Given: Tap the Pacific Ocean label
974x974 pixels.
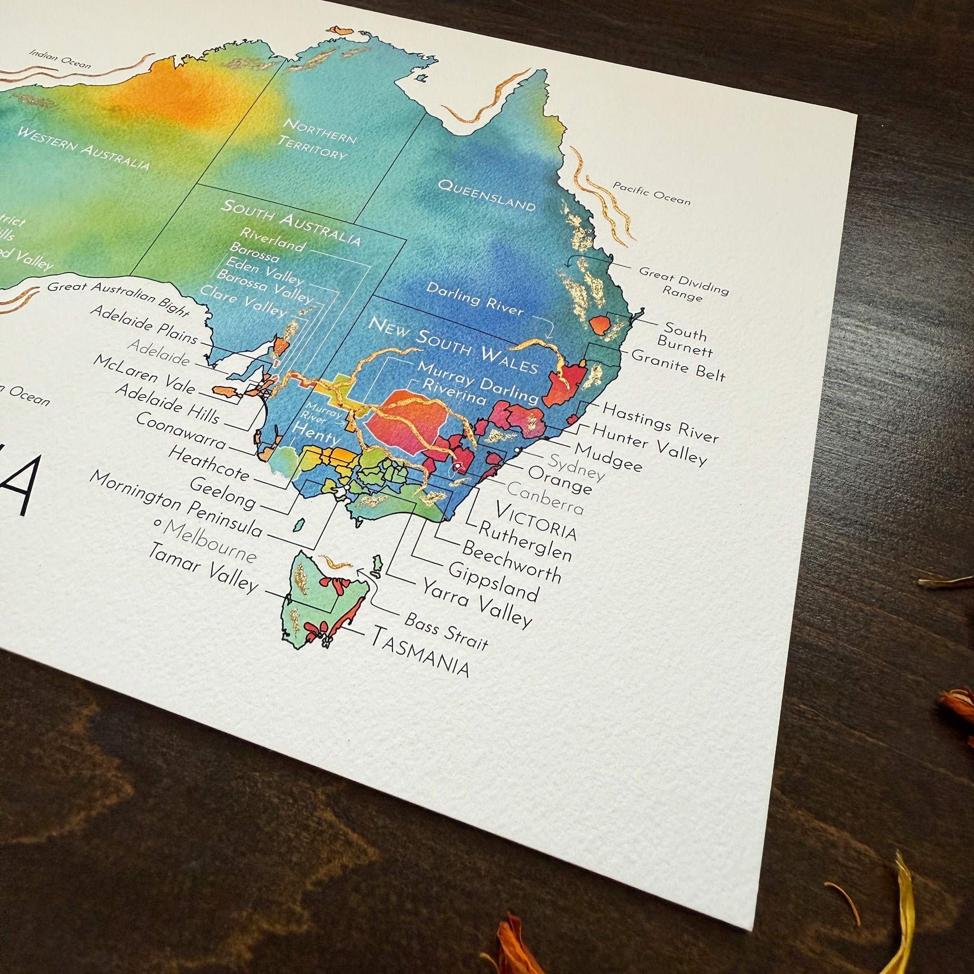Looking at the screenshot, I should tap(652, 193).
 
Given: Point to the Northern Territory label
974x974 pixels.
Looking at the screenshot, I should tap(317, 139).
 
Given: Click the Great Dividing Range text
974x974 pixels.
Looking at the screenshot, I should tap(683, 283).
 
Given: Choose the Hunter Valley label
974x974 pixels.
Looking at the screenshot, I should tap(649, 444).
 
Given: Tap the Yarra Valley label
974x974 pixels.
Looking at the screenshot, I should tap(477, 603).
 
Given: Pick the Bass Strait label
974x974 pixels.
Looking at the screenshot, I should tap(446, 631).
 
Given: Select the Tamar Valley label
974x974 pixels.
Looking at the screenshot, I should tap(203, 567).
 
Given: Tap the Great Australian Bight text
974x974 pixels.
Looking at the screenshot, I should tap(118, 299).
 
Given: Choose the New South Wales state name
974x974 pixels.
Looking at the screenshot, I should tap(453, 345).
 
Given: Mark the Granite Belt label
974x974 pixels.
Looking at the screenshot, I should tap(678, 364).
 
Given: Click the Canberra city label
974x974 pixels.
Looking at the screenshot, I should tap(545, 497).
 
